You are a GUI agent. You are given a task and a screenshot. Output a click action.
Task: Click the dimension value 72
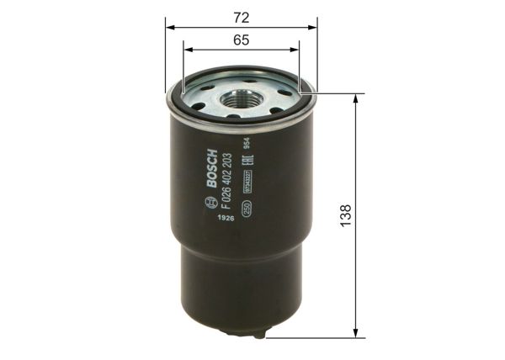pyautogui.click(x=242, y=15)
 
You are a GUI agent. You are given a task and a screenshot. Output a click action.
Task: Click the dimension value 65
pyautogui.click(x=242, y=39)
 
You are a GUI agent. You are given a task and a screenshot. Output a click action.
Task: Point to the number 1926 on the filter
pyautogui.click(x=221, y=220)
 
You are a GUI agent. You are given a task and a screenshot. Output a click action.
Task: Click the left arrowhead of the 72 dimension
pyautogui.click(x=168, y=26)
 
